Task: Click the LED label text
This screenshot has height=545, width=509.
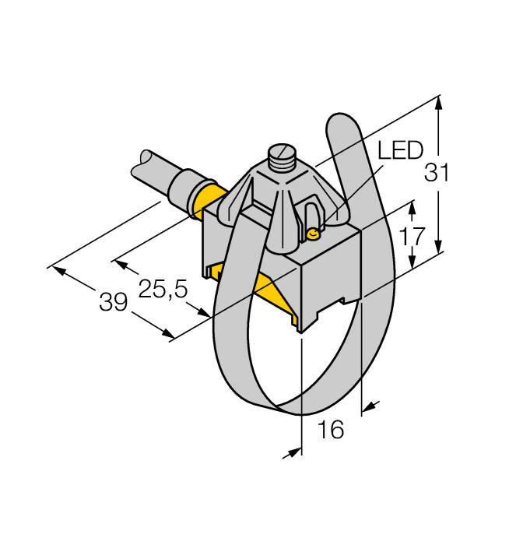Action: [x=401, y=151]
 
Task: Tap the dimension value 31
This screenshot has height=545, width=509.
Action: [x=437, y=174]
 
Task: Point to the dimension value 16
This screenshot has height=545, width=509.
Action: [x=331, y=430]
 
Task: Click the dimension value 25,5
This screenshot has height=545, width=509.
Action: [x=163, y=289]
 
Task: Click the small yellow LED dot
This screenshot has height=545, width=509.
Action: [x=314, y=234]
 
